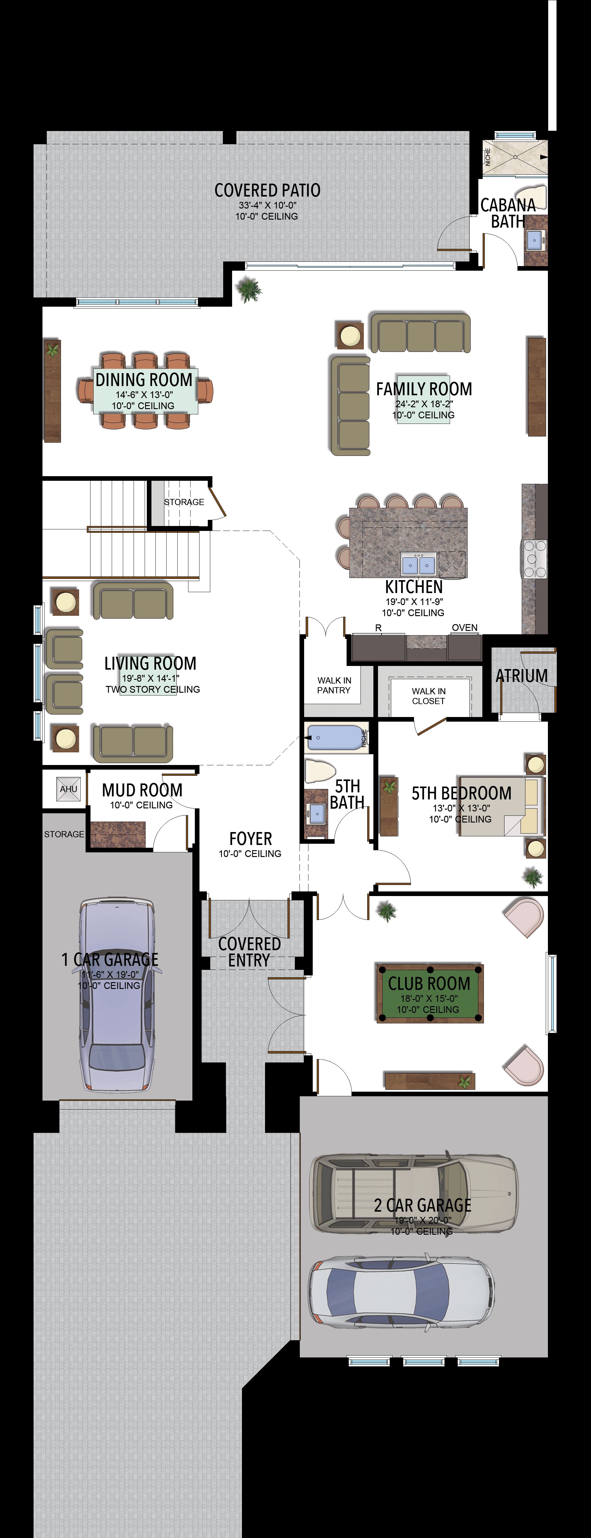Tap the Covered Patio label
coord(267,190)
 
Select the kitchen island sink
coord(418,564)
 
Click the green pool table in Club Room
coord(429,993)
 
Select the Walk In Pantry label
coord(334,685)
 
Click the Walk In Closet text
coord(428,695)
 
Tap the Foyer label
coord(250,838)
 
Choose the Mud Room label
coord(142,790)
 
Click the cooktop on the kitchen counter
coord(535,558)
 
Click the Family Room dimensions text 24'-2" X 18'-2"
coord(424,404)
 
